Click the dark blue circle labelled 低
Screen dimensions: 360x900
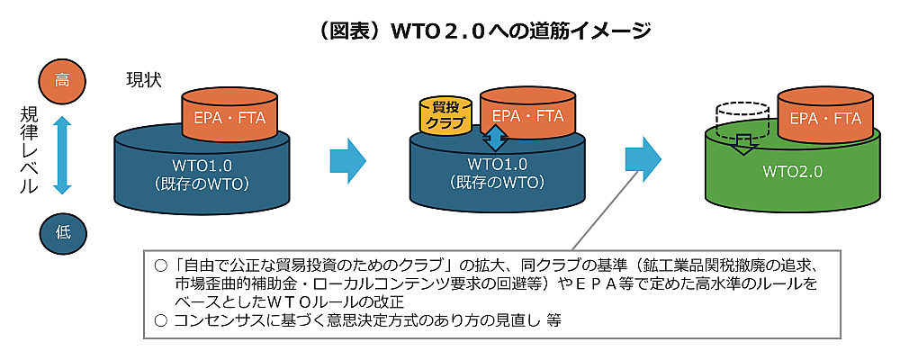coord(62,231)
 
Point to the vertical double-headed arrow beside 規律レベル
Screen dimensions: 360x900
coord(62,155)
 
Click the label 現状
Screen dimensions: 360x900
coord(144,79)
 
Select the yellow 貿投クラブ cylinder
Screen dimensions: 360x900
coord(445,115)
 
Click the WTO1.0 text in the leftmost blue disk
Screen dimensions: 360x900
coord(202,166)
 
